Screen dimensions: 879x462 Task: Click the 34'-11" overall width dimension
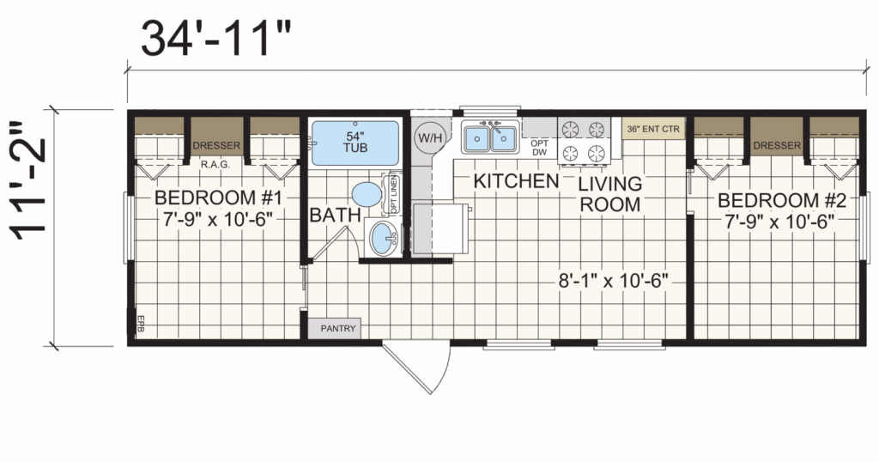click(x=216, y=39)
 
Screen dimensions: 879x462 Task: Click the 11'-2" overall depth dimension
click(x=29, y=180)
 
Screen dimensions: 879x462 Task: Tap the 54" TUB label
click(x=355, y=142)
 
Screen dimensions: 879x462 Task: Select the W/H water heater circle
click(x=430, y=137)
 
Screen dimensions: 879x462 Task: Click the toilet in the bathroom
click(x=367, y=194)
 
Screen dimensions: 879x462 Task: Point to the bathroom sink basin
click(x=384, y=238)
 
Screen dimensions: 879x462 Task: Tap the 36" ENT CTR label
click(x=653, y=129)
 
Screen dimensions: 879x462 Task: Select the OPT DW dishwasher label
click(x=539, y=148)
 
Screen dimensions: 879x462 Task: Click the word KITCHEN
click(x=516, y=181)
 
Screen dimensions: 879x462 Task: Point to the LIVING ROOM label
click(x=610, y=194)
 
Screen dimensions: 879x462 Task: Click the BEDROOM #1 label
click(x=218, y=198)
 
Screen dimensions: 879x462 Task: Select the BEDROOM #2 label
click(x=781, y=200)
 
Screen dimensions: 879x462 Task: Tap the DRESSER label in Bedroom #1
click(x=216, y=146)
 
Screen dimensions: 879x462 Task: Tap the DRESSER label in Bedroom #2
click(x=777, y=146)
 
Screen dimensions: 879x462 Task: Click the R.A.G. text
click(x=215, y=165)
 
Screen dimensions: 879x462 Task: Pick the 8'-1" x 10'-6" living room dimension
click(x=613, y=280)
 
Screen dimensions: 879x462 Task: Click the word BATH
click(x=336, y=215)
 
